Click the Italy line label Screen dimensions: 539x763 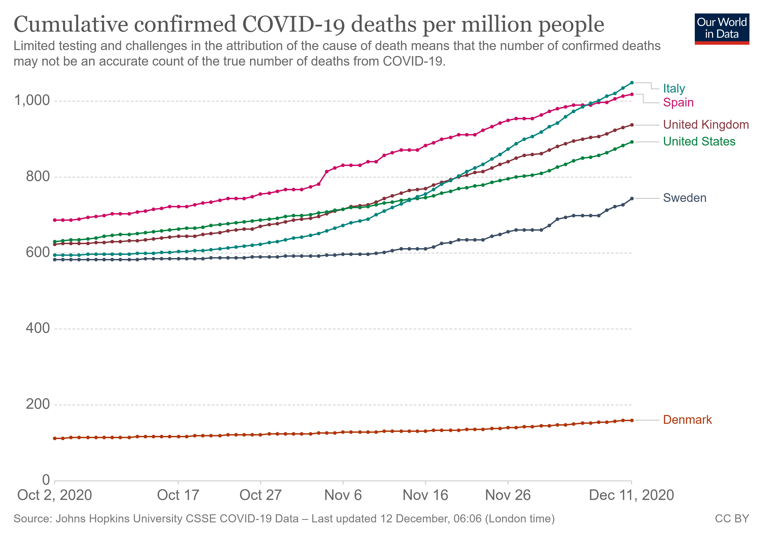pyautogui.click(x=674, y=88)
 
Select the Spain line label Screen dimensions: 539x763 pyautogui.click(x=678, y=102)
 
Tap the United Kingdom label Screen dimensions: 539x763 pyautogui.click(x=706, y=125)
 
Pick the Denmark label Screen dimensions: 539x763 pyautogui.click(x=687, y=420)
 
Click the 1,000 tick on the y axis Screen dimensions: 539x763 pyautogui.click(x=32, y=100)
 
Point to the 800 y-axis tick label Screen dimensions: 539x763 pyautogui.click(x=37, y=176)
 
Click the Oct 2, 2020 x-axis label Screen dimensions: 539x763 pyautogui.click(x=55, y=495)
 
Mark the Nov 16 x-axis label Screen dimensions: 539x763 pyautogui.click(x=425, y=495)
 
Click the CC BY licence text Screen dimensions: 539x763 pyautogui.click(x=732, y=519)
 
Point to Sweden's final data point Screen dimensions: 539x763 pyautogui.click(x=631, y=199)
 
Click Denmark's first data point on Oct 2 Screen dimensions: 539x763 pyautogui.click(x=55, y=439)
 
